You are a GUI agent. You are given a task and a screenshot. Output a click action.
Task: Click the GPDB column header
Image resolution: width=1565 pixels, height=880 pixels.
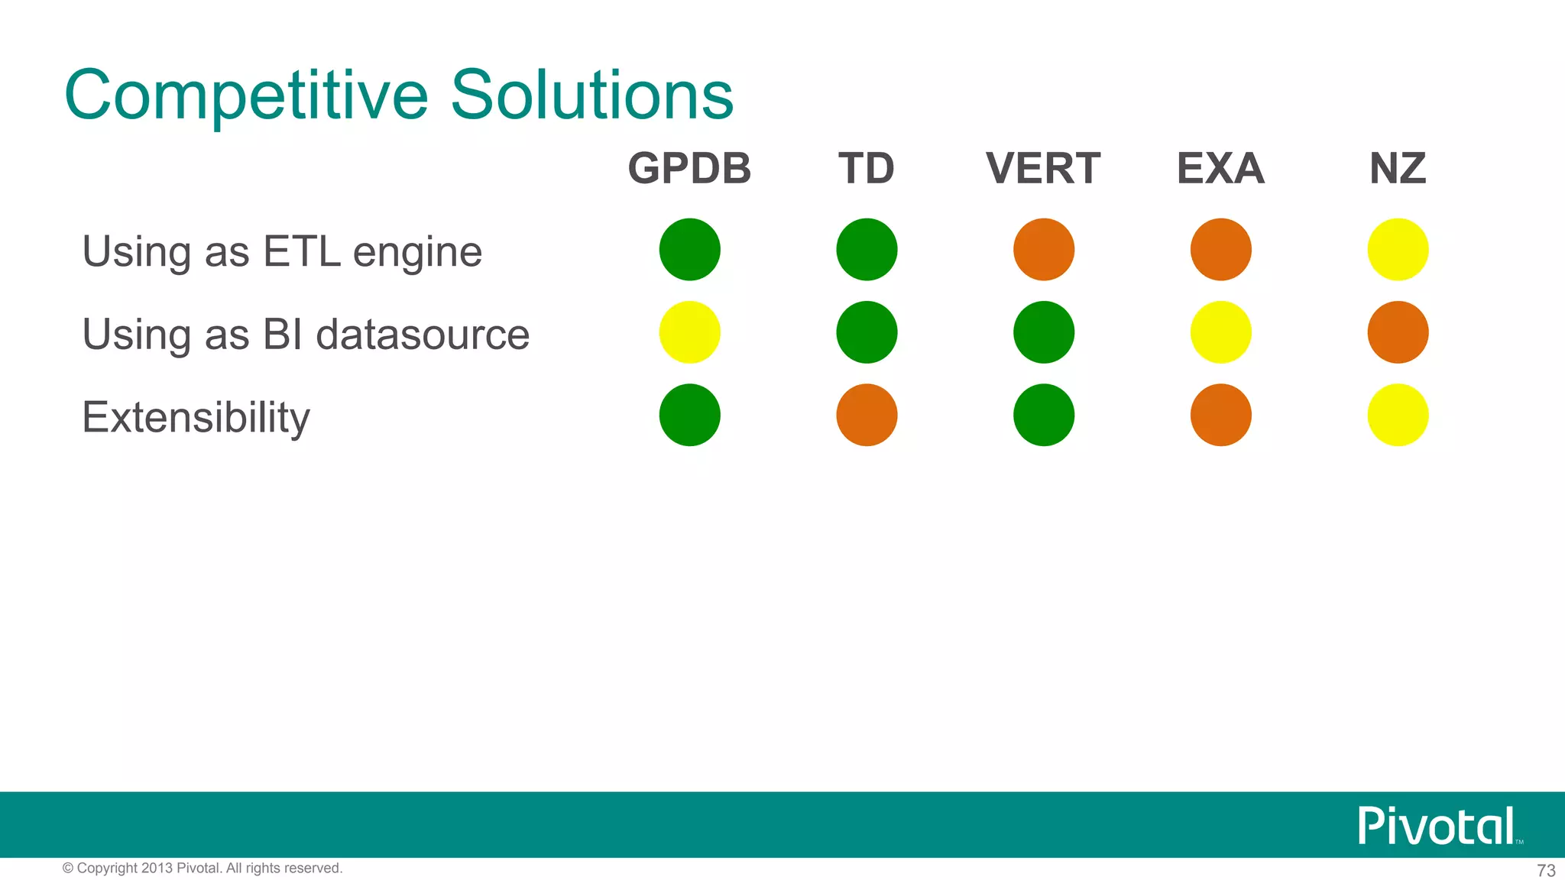click(x=689, y=169)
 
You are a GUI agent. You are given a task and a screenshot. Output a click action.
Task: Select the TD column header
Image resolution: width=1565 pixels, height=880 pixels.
click(x=867, y=169)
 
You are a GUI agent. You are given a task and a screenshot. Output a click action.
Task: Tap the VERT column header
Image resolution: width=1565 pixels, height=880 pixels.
click(x=1043, y=169)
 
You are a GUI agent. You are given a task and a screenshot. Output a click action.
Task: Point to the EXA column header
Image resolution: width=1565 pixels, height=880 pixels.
click(x=1220, y=169)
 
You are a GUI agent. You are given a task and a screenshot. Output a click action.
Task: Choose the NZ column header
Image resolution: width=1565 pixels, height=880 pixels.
click(x=1398, y=169)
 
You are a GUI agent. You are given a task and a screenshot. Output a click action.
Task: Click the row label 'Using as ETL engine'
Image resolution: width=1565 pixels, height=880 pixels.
click(x=282, y=252)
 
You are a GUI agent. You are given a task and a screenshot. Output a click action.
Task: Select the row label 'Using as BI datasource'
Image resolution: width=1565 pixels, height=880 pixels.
click(x=306, y=335)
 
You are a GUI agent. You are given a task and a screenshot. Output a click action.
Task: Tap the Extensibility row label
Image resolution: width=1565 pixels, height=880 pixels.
click(x=196, y=417)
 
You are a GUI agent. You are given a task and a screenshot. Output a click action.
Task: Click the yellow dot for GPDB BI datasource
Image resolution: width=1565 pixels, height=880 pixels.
click(x=689, y=332)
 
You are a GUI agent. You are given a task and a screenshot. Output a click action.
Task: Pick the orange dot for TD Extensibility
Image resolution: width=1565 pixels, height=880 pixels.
click(x=867, y=415)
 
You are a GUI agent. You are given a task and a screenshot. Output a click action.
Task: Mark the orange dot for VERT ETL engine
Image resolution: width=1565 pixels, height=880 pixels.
click(x=1044, y=250)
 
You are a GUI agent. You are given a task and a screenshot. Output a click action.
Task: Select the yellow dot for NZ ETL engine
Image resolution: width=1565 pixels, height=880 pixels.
click(x=1398, y=250)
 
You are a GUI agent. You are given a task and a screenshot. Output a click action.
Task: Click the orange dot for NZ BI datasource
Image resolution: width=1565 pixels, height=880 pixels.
click(x=1398, y=332)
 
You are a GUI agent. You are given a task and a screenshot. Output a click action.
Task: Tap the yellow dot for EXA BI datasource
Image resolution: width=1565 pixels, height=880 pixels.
click(x=1220, y=332)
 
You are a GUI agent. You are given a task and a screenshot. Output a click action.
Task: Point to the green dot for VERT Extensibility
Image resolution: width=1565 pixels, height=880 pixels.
click(x=1044, y=415)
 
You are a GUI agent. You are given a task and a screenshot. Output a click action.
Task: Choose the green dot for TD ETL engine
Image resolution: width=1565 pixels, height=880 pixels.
click(x=867, y=250)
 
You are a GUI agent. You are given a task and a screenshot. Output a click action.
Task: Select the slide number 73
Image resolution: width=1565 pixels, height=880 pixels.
click(x=1546, y=870)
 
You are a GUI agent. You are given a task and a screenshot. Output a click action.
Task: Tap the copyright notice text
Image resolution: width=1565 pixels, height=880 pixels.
click(x=203, y=868)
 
